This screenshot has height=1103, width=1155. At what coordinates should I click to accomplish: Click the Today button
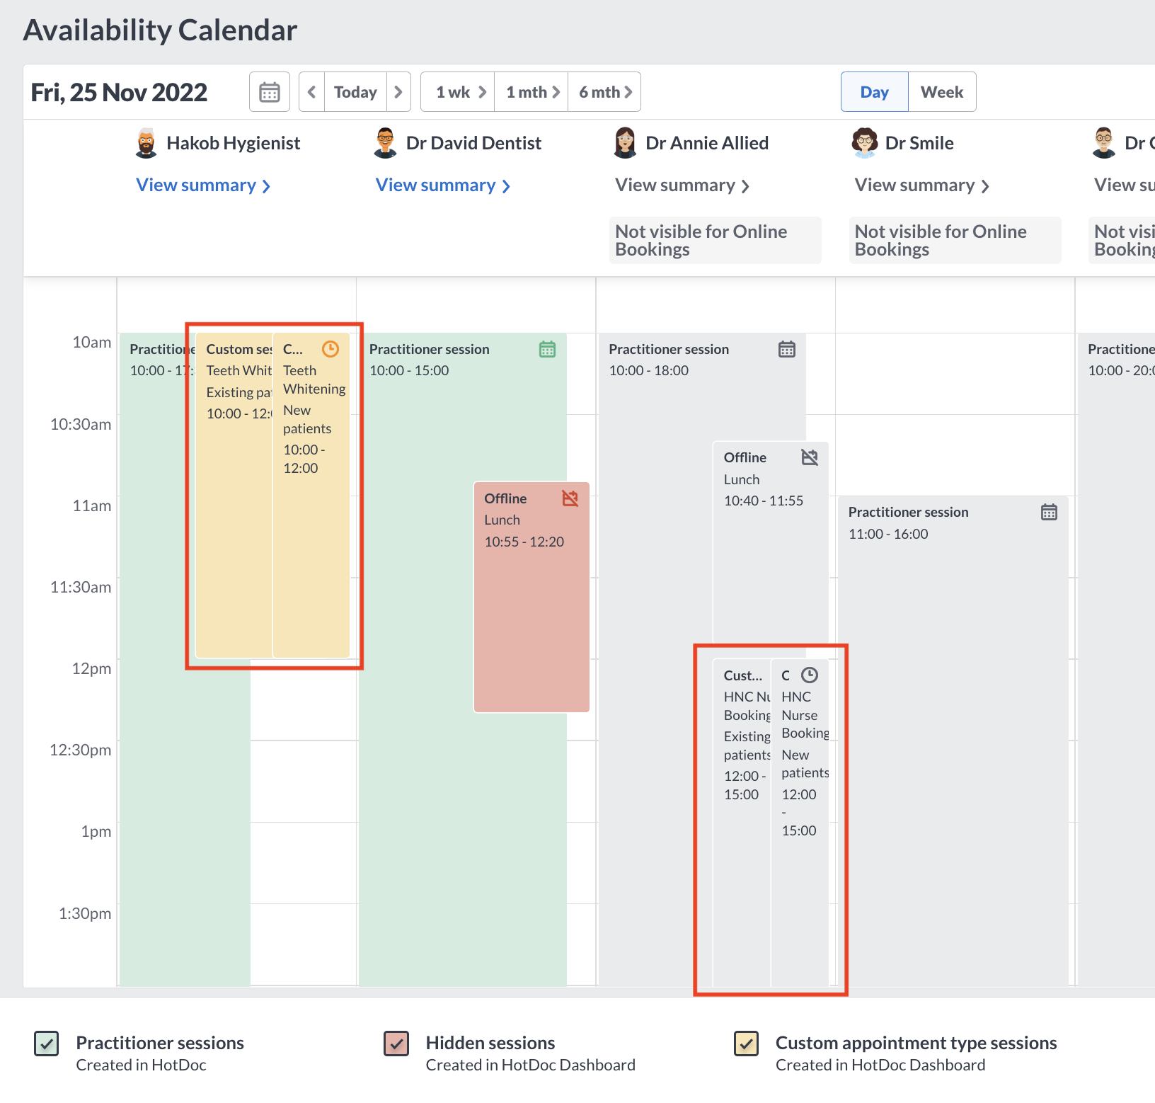pyautogui.click(x=355, y=92)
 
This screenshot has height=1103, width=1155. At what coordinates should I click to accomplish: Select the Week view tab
pyautogui.click(x=941, y=92)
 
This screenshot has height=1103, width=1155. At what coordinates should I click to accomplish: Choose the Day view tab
pyautogui.click(x=874, y=92)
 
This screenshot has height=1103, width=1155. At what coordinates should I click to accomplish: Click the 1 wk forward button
pyautogui.click(x=460, y=92)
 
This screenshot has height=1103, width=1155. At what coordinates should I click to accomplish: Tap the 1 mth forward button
pyautogui.click(x=532, y=92)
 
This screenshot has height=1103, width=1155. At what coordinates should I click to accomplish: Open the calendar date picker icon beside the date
pyautogui.click(x=270, y=92)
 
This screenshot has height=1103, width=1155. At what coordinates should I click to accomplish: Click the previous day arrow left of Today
pyautogui.click(x=311, y=92)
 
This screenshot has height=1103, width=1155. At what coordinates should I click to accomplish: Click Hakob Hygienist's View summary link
pyautogui.click(x=203, y=185)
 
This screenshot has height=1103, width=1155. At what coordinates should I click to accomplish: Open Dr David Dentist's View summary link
pyautogui.click(x=442, y=185)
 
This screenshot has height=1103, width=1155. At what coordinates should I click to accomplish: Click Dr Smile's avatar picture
pyautogui.click(x=864, y=143)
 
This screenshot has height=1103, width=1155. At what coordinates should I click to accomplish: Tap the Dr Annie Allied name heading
pyautogui.click(x=706, y=143)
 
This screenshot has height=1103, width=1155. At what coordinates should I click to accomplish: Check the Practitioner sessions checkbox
pyautogui.click(x=47, y=1044)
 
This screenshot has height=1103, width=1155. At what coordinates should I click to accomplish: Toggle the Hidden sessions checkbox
pyautogui.click(x=396, y=1044)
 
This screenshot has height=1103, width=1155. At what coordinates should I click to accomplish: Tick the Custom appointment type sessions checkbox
pyautogui.click(x=746, y=1044)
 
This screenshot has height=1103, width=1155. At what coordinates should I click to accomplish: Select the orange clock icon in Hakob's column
pyautogui.click(x=331, y=349)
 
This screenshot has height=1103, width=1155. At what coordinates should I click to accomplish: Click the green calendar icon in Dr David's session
pyautogui.click(x=547, y=349)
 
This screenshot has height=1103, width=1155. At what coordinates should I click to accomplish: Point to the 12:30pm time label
pyautogui.click(x=81, y=750)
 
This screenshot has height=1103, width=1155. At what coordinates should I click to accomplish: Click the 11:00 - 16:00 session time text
pyautogui.click(x=888, y=534)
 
